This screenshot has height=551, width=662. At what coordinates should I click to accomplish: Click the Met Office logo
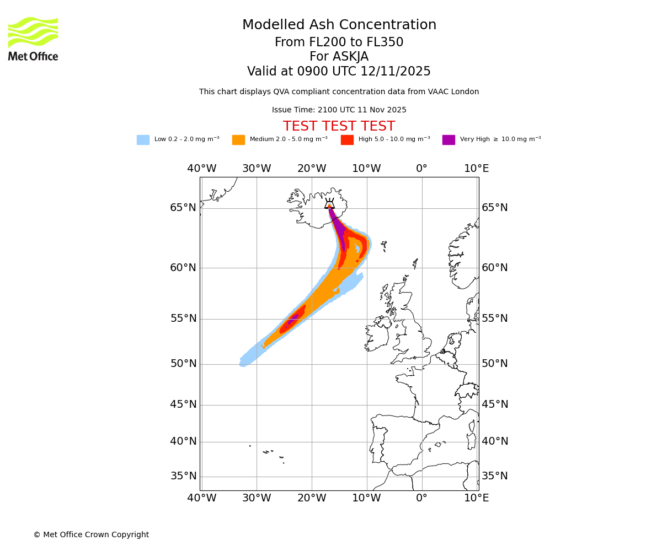[33, 39]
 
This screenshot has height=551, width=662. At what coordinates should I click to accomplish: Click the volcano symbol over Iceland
[329, 203]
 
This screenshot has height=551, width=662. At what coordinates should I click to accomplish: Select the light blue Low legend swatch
[143, 140]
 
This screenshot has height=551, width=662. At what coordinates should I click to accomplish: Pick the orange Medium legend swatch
[238, 140]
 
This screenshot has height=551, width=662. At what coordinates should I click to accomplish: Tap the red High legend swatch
[347, 140]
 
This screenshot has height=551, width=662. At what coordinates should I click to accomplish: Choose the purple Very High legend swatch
[449, 140]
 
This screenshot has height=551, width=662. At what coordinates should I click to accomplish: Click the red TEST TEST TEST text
[339, 126]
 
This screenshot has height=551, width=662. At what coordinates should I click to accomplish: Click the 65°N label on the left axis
[183, 208]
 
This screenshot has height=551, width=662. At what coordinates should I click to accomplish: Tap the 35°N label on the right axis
[495, 476]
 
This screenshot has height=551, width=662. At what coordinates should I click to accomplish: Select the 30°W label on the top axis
[257, 169]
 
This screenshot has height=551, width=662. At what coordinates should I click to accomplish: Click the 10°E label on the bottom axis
[477, 498]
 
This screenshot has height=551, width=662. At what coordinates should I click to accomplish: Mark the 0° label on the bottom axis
[422, 498]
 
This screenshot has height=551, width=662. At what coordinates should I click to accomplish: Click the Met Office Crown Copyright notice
[91, 534]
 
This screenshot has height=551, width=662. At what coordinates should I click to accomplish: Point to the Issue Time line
[339, 110]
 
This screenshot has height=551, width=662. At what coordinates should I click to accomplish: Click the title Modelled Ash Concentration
[339, 25]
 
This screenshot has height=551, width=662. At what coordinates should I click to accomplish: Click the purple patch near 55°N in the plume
[293, 318]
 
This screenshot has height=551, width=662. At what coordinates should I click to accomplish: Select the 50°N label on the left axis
[183, 364]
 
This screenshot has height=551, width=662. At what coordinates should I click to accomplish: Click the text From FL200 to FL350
[339, 42]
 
